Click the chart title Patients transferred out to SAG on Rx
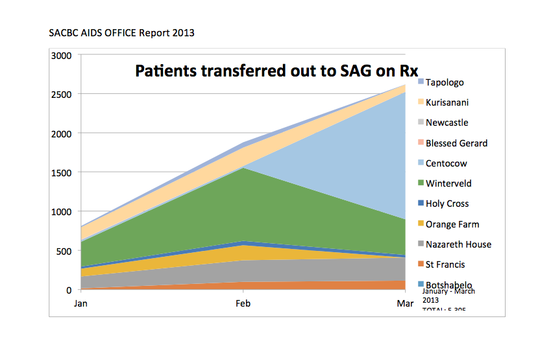276,71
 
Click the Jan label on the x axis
80,303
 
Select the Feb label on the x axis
243,303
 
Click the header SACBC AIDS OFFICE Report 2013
121,32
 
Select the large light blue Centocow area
363,162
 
